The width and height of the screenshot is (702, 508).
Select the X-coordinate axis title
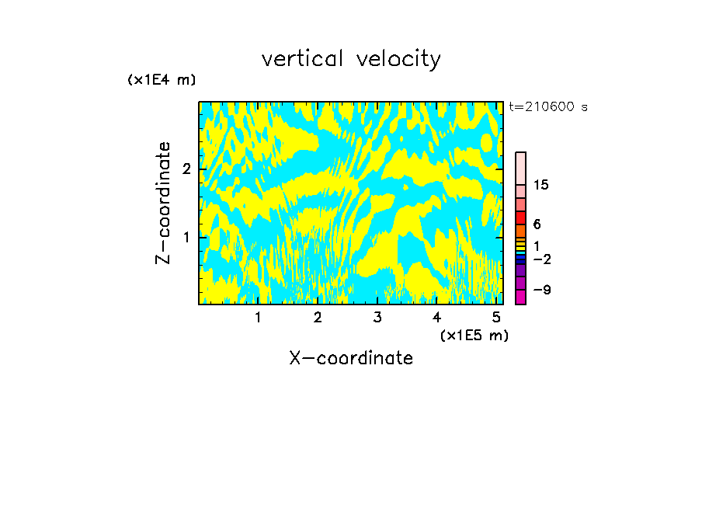[x=351, y=358]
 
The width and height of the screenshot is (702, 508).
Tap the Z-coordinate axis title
[x=163, y=203]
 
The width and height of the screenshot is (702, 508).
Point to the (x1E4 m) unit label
[x=162, y=80]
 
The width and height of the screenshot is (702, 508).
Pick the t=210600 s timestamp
[x=548, y=107]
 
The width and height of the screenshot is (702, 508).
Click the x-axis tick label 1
[x=259, y=318]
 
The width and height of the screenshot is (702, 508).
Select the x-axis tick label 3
[x=377, y=318]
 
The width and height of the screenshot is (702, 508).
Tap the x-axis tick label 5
[x=496, y=318]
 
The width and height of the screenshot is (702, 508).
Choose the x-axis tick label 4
[x=436, y=318]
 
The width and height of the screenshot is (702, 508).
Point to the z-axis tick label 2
[x=186, y=169]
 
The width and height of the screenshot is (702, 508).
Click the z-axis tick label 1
[x=186, y=237]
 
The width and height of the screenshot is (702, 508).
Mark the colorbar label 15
[x=541, y=185]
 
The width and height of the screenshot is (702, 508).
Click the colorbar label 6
[x=537, y=224]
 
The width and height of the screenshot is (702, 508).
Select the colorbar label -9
[x=542, y=290]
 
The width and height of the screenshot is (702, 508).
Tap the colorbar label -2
[x=542, y=259]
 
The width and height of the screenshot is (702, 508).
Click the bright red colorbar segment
[x=520, y=217]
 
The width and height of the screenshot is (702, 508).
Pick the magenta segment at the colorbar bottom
[x=520, y=297]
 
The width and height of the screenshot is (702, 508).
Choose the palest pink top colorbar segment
[x=520, y=168]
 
